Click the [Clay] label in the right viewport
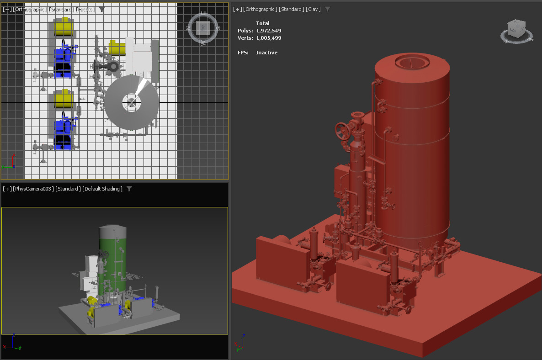tap(313, 9)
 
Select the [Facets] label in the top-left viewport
tap(85, 9)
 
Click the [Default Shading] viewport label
tap(102, 189)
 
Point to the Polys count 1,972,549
tap(268, 31)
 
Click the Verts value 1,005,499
tap(268, 38)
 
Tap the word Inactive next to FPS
tap(266, 53)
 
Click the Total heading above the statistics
tap(263, 23)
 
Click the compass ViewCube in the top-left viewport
tap(204, 28)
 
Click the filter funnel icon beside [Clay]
tap(327, 9)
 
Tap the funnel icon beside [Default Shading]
tap(129, 189)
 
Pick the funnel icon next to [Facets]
tap(102, 9)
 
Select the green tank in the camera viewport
tap(112, 265)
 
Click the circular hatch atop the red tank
tap(412, 62)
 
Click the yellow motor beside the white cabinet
tap(117, 48)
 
